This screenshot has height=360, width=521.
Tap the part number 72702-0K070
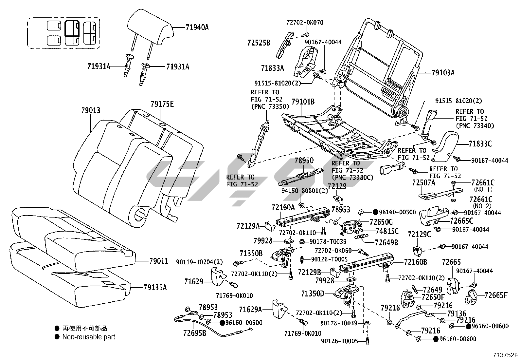pyautogui.click(x=305, y=23)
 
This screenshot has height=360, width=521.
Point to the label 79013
pyautogui.click(x=91, y=110)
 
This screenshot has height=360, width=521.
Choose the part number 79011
pyautogui.click(x=159, y=261)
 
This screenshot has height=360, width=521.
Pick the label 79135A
pyautogui.click(x=155, y=288)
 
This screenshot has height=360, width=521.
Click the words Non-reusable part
pyautogui.click(x=89, y=337)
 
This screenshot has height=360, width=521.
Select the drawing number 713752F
pyautogui.click(x=506, y=355)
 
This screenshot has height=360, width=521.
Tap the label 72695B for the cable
pyautogui.click(x=195, y=333)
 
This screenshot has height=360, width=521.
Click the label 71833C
pyautogui.click(x=480, y=143)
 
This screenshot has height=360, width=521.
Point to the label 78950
pyautogui.click(x=304, y=161)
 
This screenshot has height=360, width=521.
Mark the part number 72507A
pyautogui.click(x=423, y=183)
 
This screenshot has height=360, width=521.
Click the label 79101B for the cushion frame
pyautogui.click(x=303, y=102)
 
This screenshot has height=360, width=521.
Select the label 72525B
pyautogui.click(x=259, y=43)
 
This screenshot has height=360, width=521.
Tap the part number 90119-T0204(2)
pyautogui.click(x=199, y=262)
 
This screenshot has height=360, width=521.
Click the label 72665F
pyautogui.click(x=496, y=295)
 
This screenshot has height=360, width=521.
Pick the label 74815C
pyautogui.click(x=387, y=231)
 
